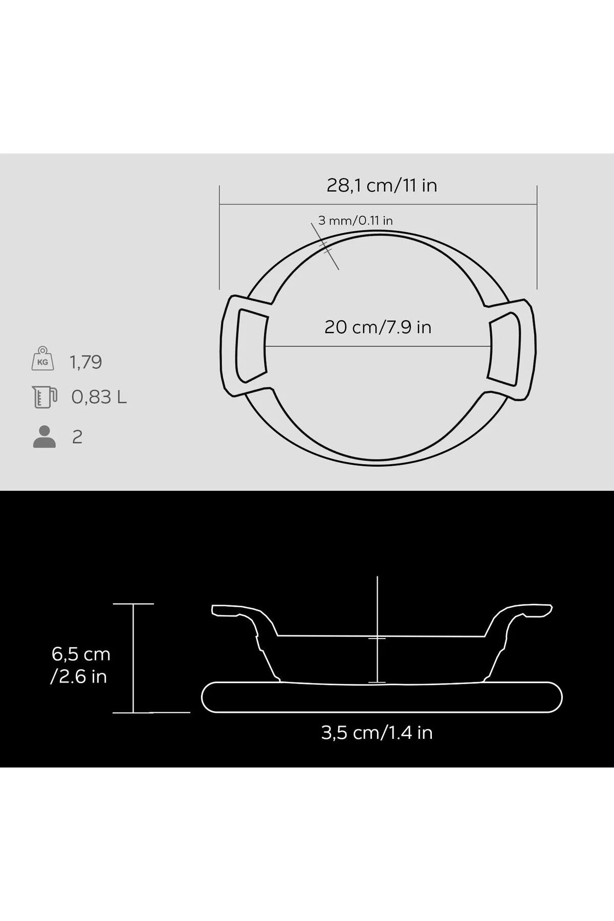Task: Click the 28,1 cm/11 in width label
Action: [x=382, y=185]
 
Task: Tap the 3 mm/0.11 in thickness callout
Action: [x=356, y=221]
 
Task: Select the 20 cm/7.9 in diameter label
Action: [x=378, y=327]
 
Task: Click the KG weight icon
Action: [x=43, y=358]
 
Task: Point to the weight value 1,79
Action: [x=86, y=362]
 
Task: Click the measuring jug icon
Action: [x=44, y=397]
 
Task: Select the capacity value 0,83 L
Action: [x=99, y=397]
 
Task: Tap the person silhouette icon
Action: [x=45, y=436]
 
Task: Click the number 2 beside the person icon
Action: [x=77, y=437]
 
